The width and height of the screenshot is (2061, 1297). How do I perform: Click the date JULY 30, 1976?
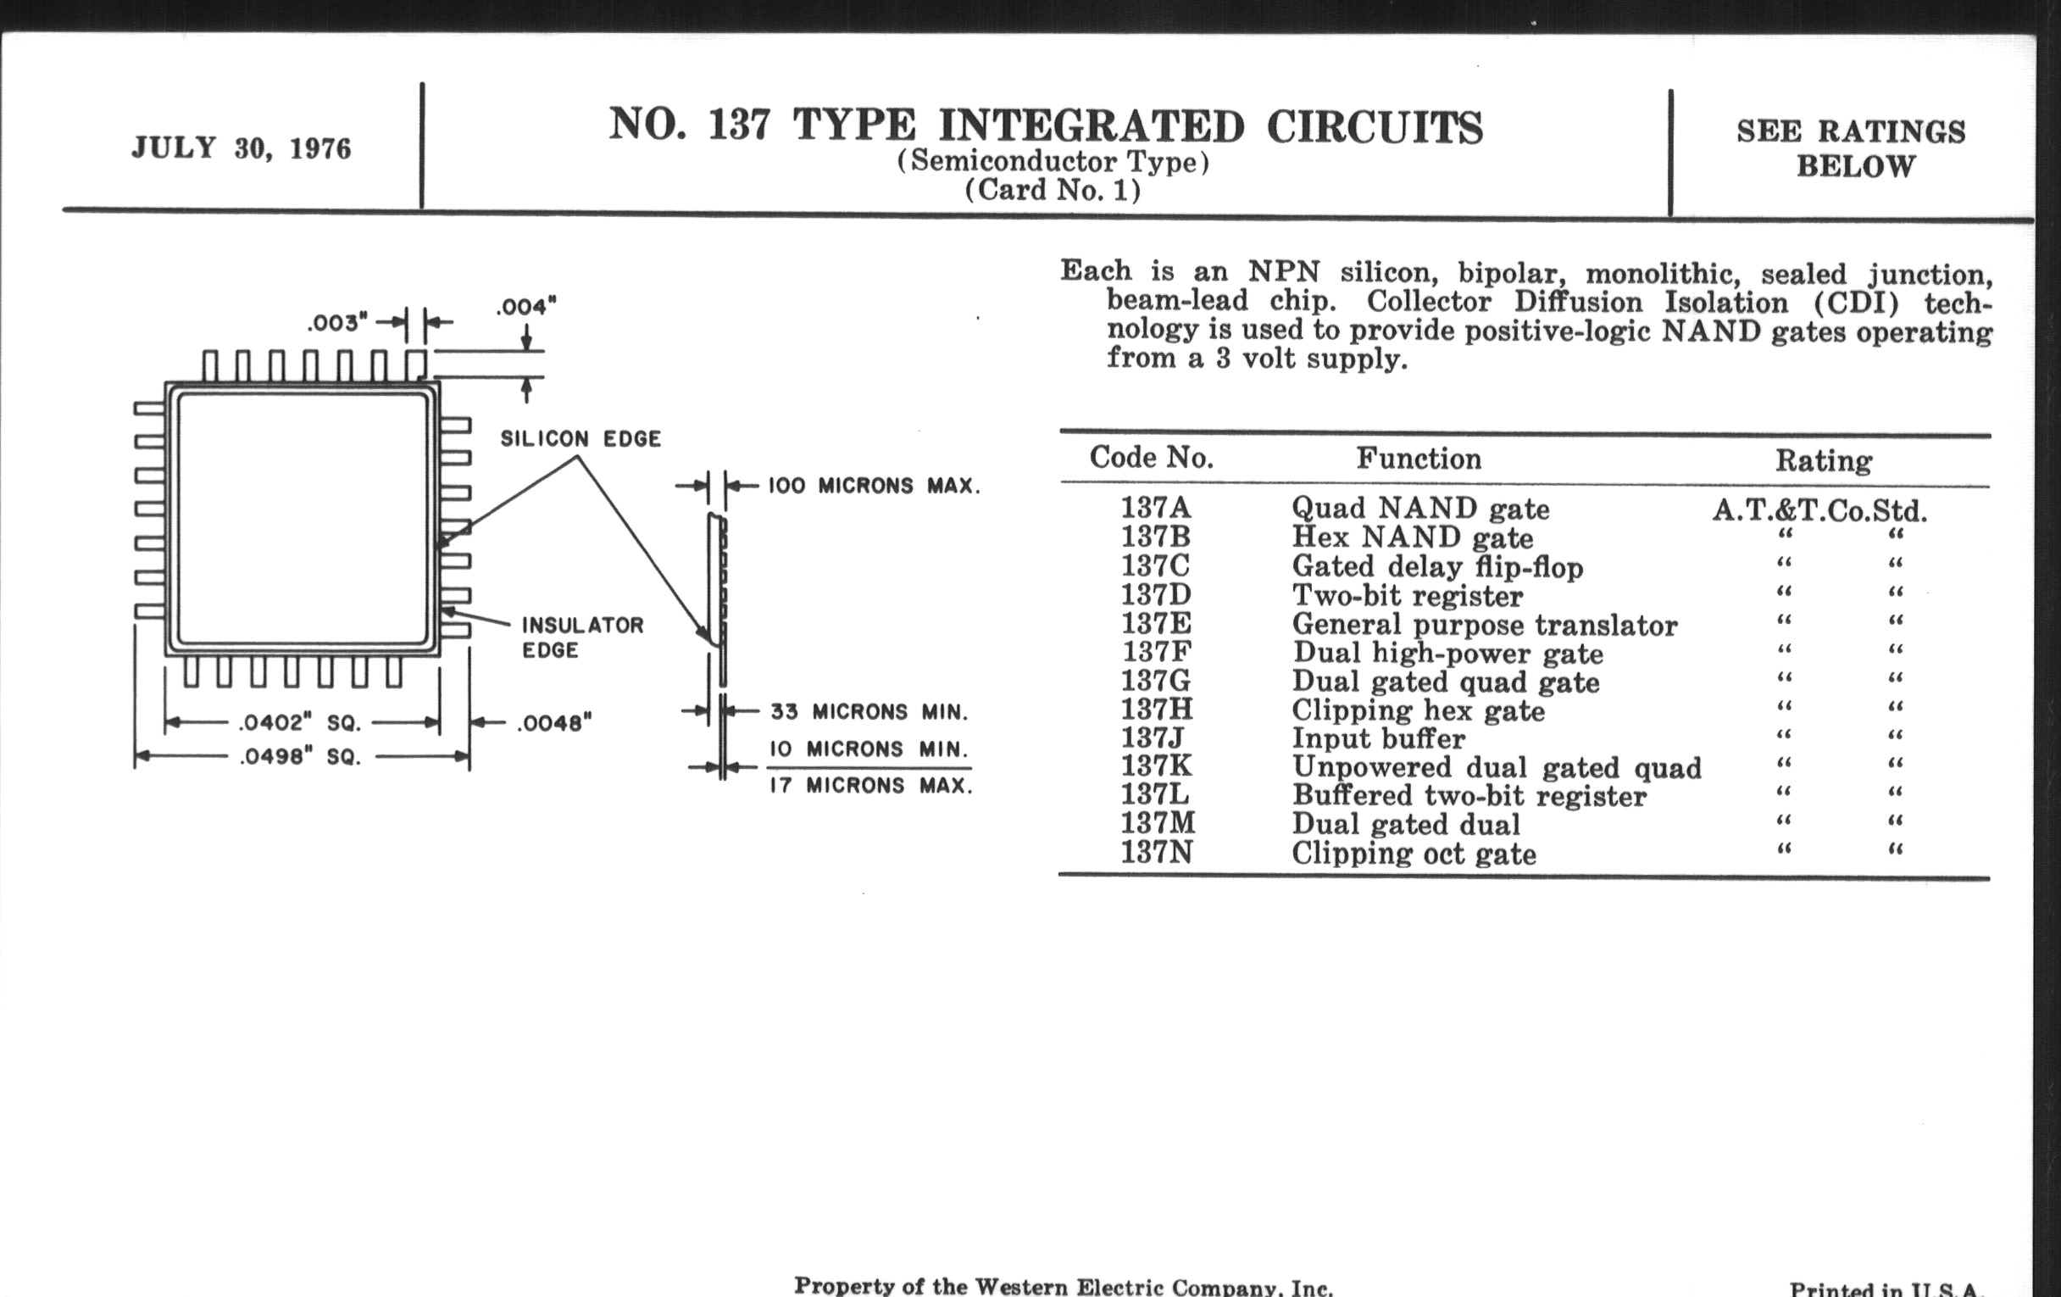(242, 149)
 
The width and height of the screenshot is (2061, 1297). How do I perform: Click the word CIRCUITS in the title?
(1375, 128)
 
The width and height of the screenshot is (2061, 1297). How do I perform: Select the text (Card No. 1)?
(1053, 190)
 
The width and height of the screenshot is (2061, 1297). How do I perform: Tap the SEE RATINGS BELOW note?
(1852, 148)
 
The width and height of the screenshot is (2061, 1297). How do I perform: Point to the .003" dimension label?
(337, 323)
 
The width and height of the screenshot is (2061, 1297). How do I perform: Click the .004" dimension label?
(526, 306)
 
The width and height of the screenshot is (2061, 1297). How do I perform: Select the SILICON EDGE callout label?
(581, 438)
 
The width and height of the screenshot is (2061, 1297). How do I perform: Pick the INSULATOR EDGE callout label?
(583, 637)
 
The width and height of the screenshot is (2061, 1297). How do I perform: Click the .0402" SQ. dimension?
(300, 722)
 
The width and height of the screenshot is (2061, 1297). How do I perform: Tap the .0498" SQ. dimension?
(300, 757)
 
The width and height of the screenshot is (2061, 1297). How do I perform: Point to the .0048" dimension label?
(554, 723)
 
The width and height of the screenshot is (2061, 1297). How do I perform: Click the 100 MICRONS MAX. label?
(874, 487)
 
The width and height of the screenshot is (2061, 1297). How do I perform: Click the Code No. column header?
(1151, 458)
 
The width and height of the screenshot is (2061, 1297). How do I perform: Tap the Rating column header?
(1824, 460)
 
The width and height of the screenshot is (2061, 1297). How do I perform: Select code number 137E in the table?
(1156, 623)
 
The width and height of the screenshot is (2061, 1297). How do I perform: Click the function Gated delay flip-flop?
(1438, 567)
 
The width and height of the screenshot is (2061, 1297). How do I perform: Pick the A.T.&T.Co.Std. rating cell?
(1820, 511)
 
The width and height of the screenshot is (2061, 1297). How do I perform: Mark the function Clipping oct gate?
(1414, 854)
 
